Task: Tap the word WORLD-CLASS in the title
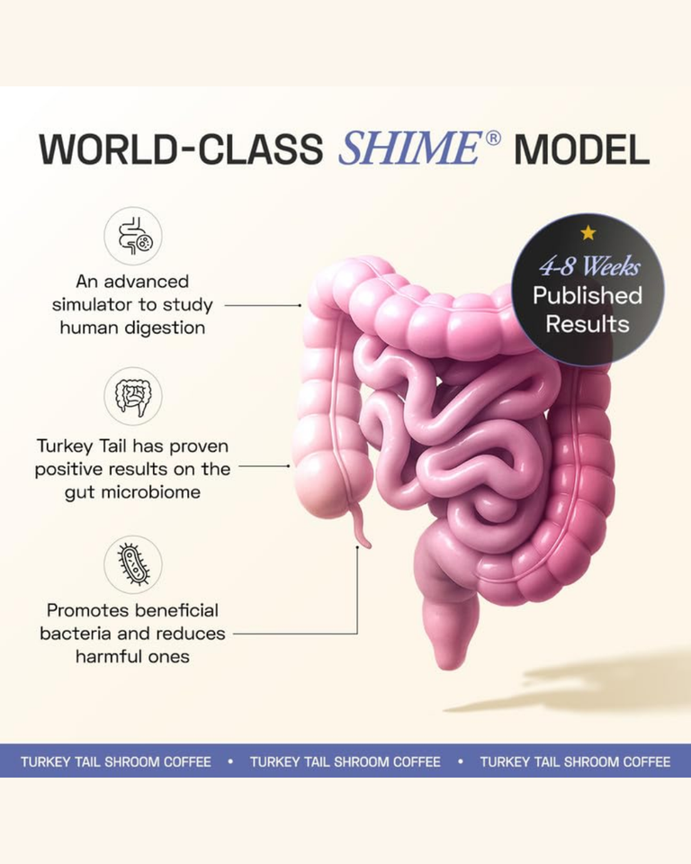(181, 149)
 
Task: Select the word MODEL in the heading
(581, 149)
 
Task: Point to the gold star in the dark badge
(588, 233)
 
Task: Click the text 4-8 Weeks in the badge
(588, 265)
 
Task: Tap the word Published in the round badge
(588, 295)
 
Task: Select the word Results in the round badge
(588, 324)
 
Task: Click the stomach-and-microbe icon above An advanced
(133, 236)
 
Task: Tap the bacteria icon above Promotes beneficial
(133, 564)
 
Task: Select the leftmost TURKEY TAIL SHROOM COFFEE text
(116, 761)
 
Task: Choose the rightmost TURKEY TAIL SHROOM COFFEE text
(575, 761)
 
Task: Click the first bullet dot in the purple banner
(230, 761)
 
